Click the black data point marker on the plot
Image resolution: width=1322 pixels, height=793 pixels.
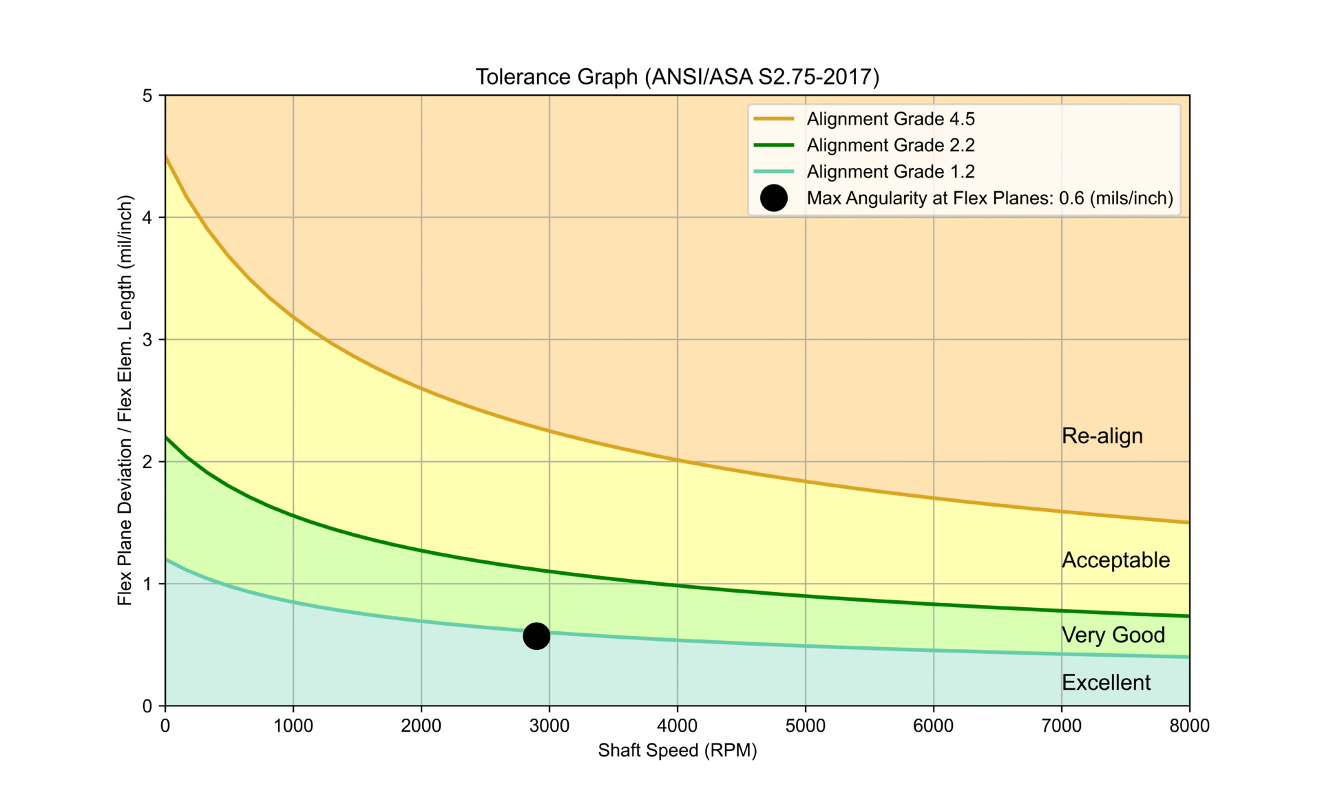(x=536, y=635)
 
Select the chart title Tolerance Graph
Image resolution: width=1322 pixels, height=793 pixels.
(x=678, y=76)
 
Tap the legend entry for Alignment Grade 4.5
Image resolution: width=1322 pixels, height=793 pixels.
(x=890, y=119)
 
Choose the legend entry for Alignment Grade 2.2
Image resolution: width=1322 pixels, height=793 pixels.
(x=890, y=145)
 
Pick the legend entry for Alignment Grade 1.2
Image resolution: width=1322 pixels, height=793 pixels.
(x=890, y=171)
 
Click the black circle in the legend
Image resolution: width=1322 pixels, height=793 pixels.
(x=774, y=198)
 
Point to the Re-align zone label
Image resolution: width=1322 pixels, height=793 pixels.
(x=1102, y=436)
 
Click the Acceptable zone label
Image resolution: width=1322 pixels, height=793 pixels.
(x=1115, y=560)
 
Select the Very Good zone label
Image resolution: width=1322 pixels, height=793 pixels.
(x=1113, y=635)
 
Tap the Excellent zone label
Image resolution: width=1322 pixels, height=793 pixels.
(x=1106, y=682)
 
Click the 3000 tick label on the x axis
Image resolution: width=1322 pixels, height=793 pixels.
(x=549, y=726)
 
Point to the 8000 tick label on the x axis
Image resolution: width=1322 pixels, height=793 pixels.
(x=1189, y=726)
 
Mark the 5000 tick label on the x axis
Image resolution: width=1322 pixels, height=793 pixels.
(x=806, y=726)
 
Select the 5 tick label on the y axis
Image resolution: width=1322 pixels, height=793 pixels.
(x=147, y=96)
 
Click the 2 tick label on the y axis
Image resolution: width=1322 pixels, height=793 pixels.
(x=147, y=462)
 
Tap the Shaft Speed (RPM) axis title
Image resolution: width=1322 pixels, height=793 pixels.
(x=678, y=750)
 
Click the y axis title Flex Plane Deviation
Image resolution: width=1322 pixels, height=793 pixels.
(x=125, y=401)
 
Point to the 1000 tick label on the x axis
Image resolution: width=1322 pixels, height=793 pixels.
(x=293, y=726)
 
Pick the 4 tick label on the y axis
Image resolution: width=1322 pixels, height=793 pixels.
(x=147, y=218)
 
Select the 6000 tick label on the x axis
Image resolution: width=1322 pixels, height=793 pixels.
(x=934, y=726)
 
